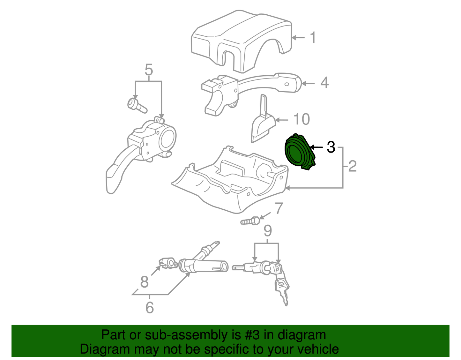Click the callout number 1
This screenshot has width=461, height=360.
coord(313,38)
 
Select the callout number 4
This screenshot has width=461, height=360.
coord(324,83)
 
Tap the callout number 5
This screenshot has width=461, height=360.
coord(149,70)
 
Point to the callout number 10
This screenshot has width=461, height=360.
coord(302,119)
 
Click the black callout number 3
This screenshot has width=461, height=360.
coord(331,147)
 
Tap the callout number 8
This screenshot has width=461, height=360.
coord(144,282)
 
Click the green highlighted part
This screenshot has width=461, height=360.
coord(299,152)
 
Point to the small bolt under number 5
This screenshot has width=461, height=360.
coord(137,106)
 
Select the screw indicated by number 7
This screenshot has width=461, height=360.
coord(250,221)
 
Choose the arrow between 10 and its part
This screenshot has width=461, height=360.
coord(282,120)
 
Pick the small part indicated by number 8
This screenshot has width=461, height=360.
coord(168,263)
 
